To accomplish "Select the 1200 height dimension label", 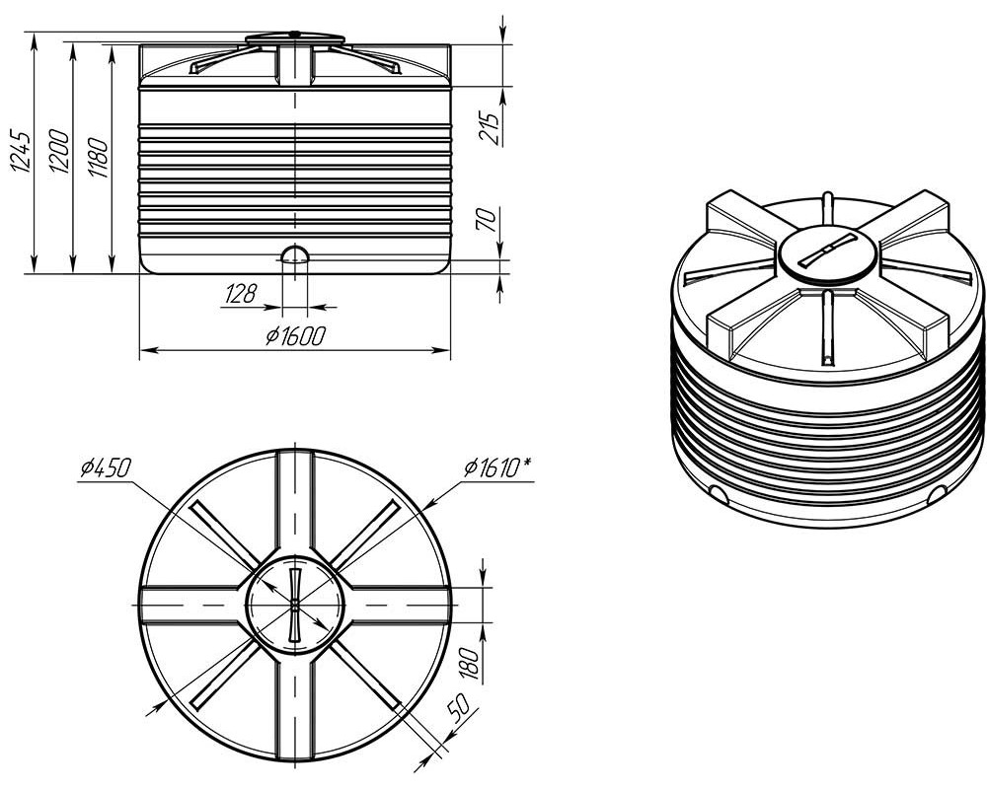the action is (x=59, y=151).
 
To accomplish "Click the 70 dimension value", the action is (x=490, y=220).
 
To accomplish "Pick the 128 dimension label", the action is (x=240, y=294).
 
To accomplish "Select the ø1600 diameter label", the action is (x=294, y=336).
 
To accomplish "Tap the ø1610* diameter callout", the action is (x=496, y=467).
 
